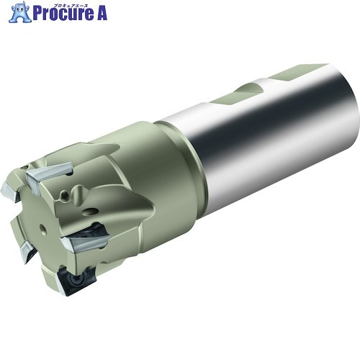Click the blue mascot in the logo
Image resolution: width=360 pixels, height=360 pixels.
(20, 12)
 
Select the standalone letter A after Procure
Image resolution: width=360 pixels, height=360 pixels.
(101, 13)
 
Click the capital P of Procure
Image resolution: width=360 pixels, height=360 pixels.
(37, 14)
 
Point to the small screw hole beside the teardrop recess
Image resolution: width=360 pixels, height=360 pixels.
(64, 194)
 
